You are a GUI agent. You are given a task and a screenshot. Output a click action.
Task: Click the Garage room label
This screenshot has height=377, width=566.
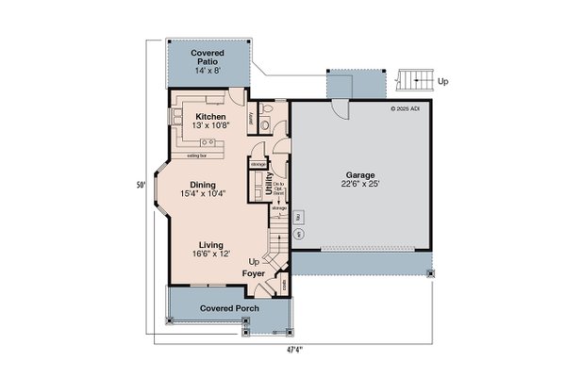pos(360,175)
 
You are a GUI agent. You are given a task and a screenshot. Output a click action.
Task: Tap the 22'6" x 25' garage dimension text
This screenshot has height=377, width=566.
pos(360,187)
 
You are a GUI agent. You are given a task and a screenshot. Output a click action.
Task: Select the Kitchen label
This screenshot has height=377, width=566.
pos(209,117)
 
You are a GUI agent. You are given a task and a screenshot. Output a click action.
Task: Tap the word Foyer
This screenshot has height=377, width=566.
pos(253,273)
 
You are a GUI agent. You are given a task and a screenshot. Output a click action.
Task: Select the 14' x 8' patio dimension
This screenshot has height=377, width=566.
pos(207,71)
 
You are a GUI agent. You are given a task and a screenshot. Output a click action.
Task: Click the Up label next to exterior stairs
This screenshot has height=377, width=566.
pos(444,81)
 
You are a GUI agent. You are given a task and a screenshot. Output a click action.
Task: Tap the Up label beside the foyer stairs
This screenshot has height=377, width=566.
pos(254,261)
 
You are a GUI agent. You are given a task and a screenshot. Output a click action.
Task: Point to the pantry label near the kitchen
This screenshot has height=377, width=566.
pos(250,119)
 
